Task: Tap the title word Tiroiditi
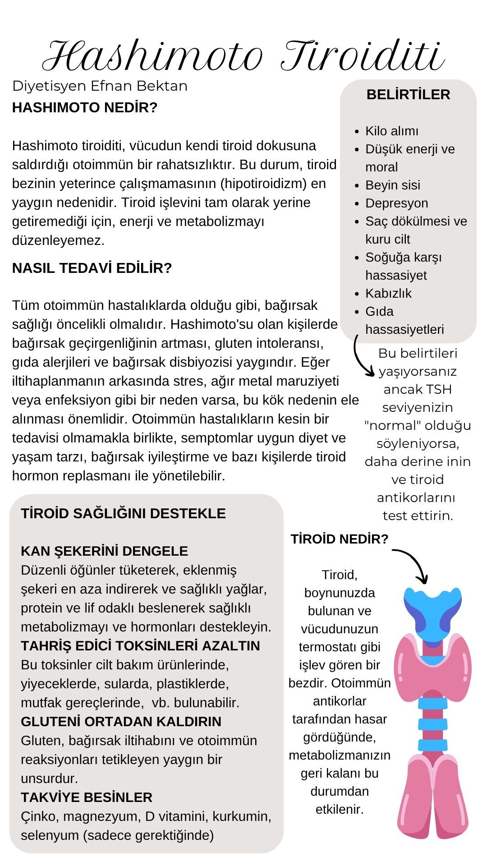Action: pos(363,56)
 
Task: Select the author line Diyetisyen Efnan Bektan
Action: pos(100,86)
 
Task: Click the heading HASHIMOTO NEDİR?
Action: pos(85,108)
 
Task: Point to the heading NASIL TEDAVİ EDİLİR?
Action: pos(92,268)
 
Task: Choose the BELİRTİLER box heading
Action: pos(408,95)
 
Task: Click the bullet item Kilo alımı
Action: pos(391,131)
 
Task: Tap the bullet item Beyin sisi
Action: pos(392,185)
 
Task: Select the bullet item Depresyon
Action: pos(396,203)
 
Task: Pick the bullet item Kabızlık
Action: pos(388,293)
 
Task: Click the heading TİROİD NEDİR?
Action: pos(339,539)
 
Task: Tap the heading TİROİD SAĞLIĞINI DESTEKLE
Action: pos(123,513)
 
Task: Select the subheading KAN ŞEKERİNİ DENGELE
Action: pos(104,551)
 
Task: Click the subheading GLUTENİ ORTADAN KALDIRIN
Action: pos(121,721)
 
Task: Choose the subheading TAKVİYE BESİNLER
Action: pos(87,797)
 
